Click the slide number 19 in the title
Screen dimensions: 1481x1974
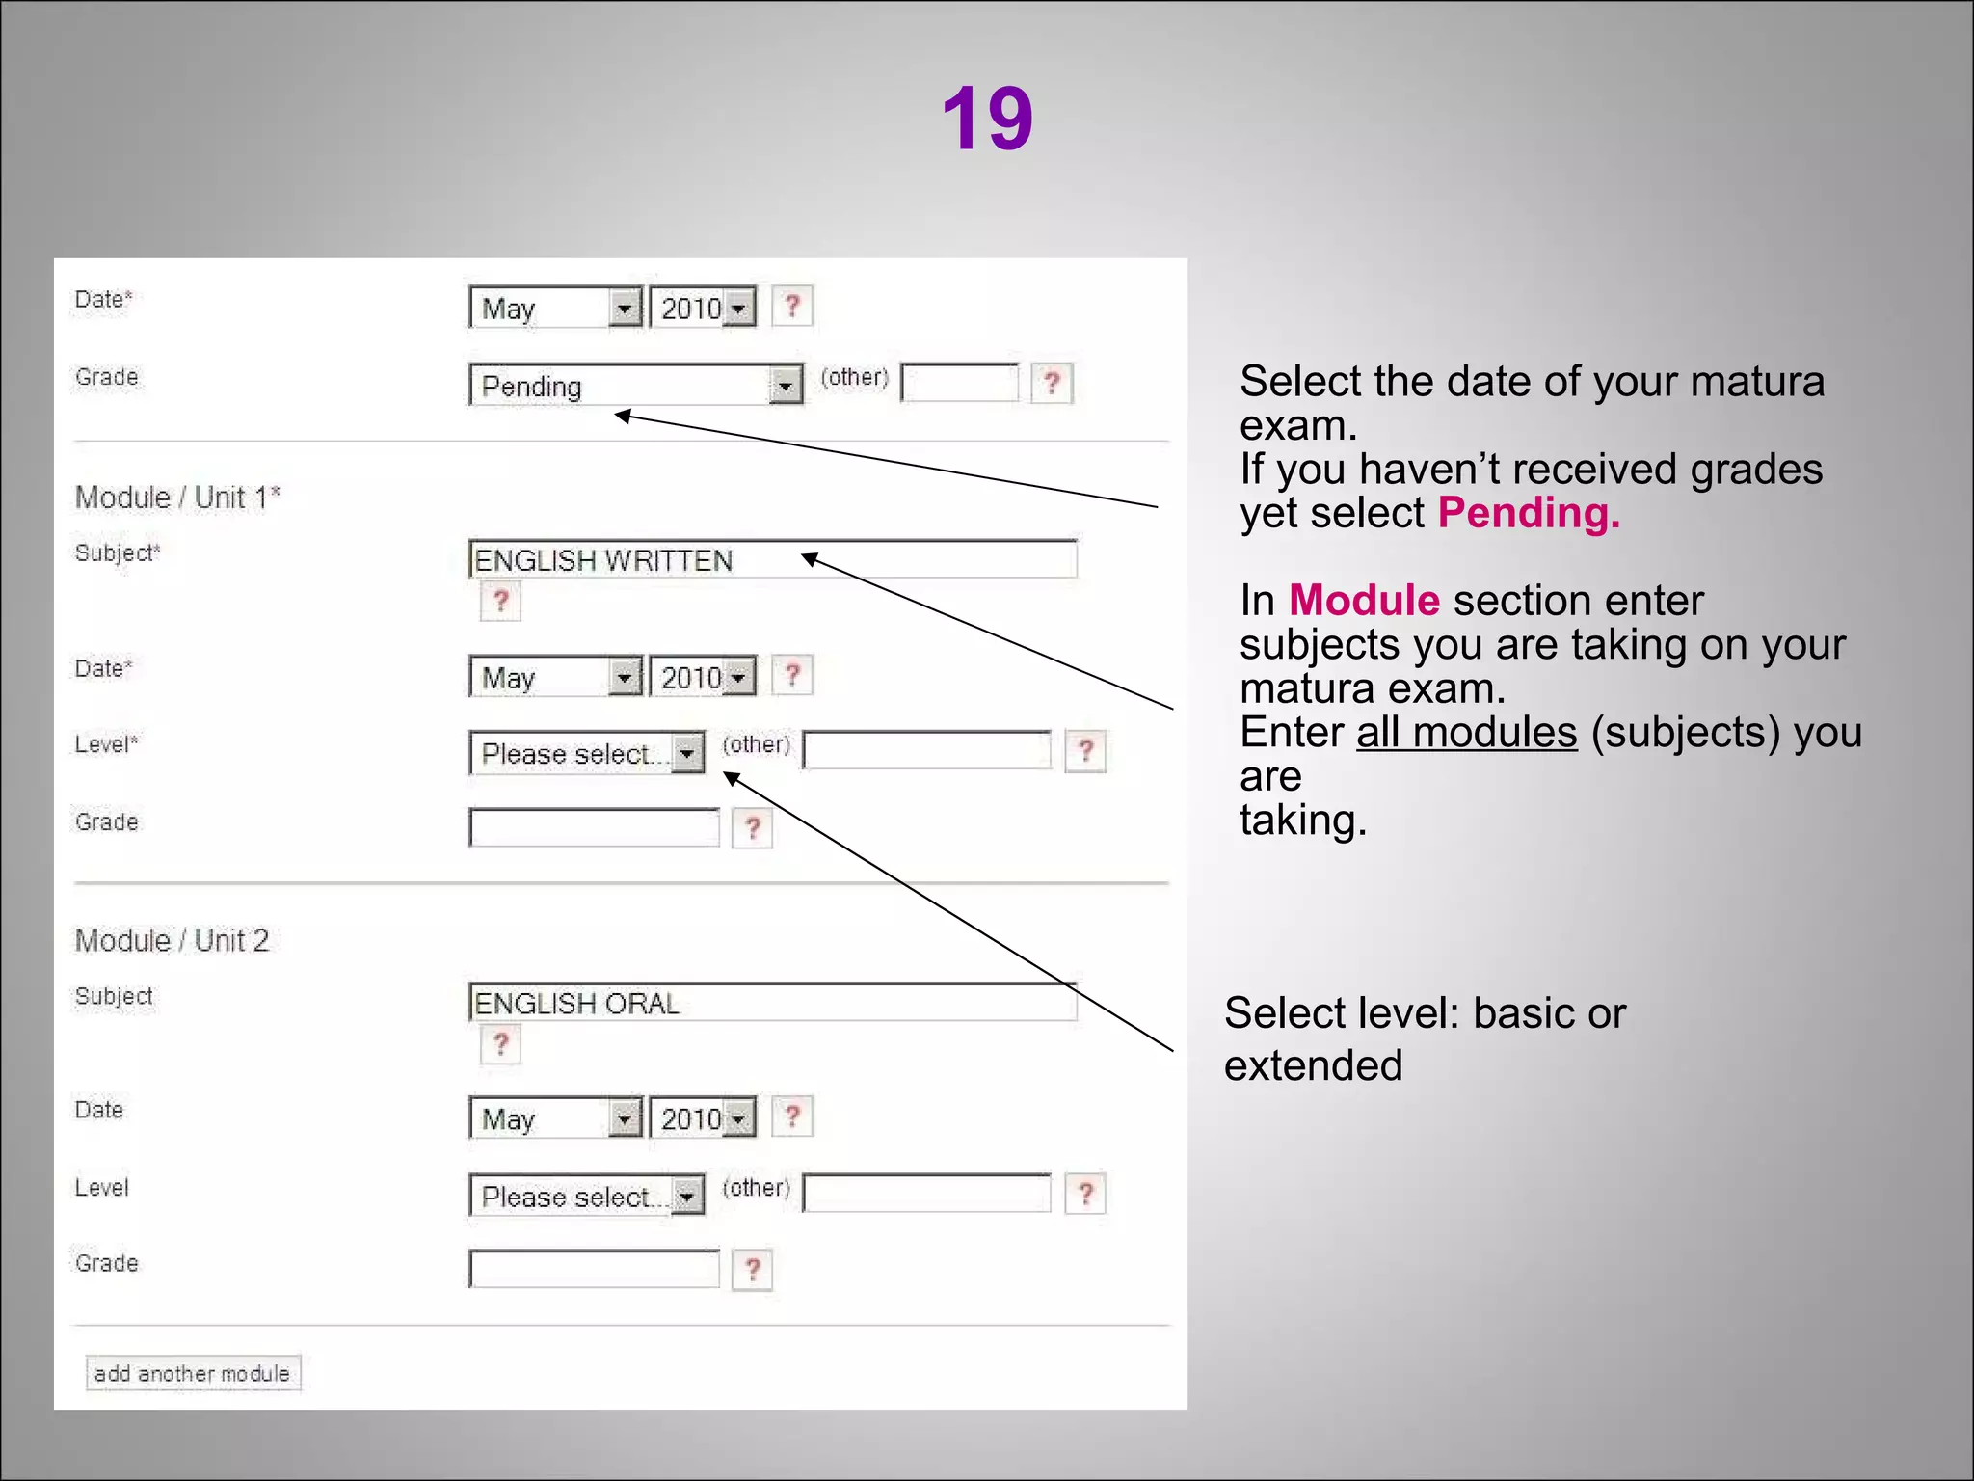pyautogui.click(x=987, y=118)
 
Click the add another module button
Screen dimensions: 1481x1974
pyautogui.click(x=193, y=1373)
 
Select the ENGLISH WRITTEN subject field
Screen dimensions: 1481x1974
pyautogui.click(x=771, y=560)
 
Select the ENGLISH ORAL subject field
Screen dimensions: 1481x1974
pyautogui.click(x=771, y=1004)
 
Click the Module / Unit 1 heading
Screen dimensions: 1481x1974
pyautogui.click(x=177, y=498)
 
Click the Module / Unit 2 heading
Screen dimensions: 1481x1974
pyautogui.click(x=172, y=940)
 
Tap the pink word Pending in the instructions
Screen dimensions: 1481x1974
pyautogui.click(x=1528, y=513)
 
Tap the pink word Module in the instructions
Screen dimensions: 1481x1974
pyautogui.click(x=1364, y=601)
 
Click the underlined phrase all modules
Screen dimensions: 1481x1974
pyautogui.click(x=1466, y=733)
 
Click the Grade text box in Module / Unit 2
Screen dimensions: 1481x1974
pyautogui.click(x=594, y=1269)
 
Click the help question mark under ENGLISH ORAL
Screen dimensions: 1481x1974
pyautogui.click(x=500, y=1044)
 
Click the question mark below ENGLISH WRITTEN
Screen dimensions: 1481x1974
pyautogui.click(x=500, y=602)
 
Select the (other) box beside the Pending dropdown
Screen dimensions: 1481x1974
pyautogui.click(x=959, y=383)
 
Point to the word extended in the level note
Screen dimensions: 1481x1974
pyautogui.click(x=1313, y=1066)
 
